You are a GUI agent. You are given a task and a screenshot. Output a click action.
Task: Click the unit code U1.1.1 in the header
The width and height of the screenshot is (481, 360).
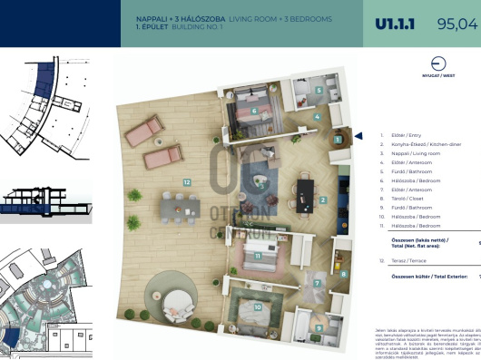396,24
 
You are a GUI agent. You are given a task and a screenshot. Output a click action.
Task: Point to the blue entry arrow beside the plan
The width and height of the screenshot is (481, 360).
358,137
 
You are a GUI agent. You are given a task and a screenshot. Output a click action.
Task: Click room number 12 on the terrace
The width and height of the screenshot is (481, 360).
186,182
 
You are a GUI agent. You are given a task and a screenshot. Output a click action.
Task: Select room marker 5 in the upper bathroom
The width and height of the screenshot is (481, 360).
319,91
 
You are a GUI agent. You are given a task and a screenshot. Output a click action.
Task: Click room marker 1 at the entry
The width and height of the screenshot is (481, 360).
336,139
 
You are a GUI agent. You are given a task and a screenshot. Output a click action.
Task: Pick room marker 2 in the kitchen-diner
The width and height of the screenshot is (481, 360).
323,199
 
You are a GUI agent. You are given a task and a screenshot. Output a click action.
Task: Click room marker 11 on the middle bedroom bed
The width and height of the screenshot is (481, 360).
258,255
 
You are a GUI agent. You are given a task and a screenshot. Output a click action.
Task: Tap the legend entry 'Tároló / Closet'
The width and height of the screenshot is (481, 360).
409,198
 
